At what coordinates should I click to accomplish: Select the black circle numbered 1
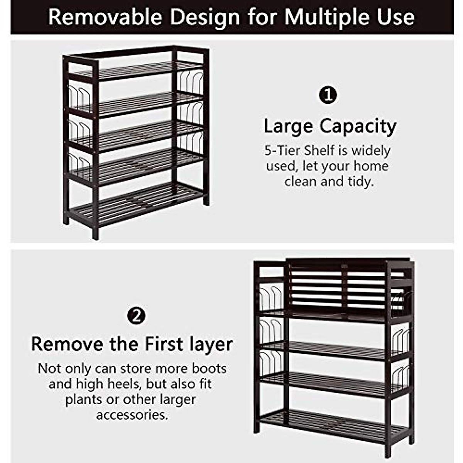[x=328, y=95]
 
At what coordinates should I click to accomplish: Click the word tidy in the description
[x=361, y=181]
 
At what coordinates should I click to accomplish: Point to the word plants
[x=84, y=399]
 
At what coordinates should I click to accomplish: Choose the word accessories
[x=132, y=415]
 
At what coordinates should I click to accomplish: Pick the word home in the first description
[x=371, y=166]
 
